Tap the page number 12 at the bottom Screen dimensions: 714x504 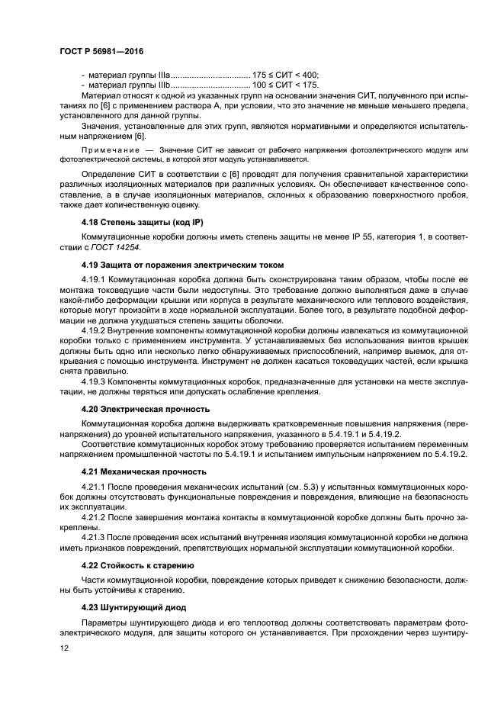64,648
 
